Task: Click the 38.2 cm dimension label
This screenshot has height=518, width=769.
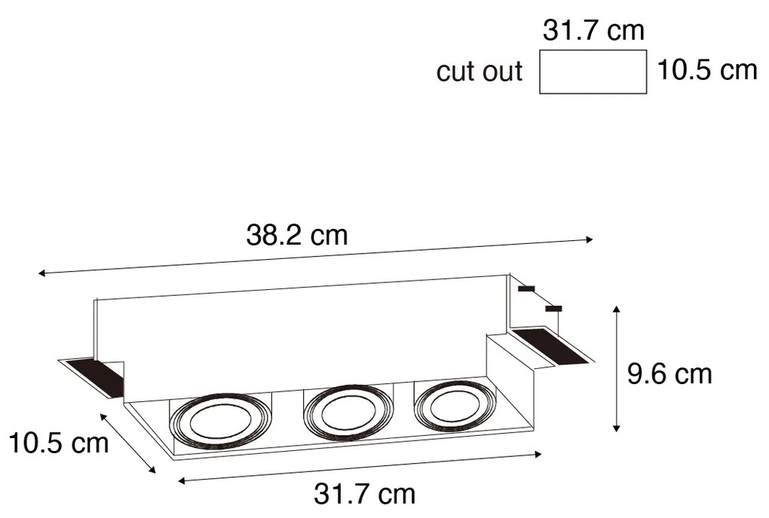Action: (x=297, y=236)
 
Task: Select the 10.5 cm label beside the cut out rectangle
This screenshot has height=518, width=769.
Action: (x=706, y=70)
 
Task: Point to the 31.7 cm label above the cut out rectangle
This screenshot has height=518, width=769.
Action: (x=593, y=31)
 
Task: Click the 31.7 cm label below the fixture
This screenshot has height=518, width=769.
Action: (x=364, y=494)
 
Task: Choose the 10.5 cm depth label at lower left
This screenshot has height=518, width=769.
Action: (x=59, y=443)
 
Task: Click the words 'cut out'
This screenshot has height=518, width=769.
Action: (x=479, y=72)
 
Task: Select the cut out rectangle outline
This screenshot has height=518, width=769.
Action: (x=593, y=72)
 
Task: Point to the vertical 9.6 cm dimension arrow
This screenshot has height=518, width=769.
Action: (x=617, y=369)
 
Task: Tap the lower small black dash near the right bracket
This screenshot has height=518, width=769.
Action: (x=554, y=308)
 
